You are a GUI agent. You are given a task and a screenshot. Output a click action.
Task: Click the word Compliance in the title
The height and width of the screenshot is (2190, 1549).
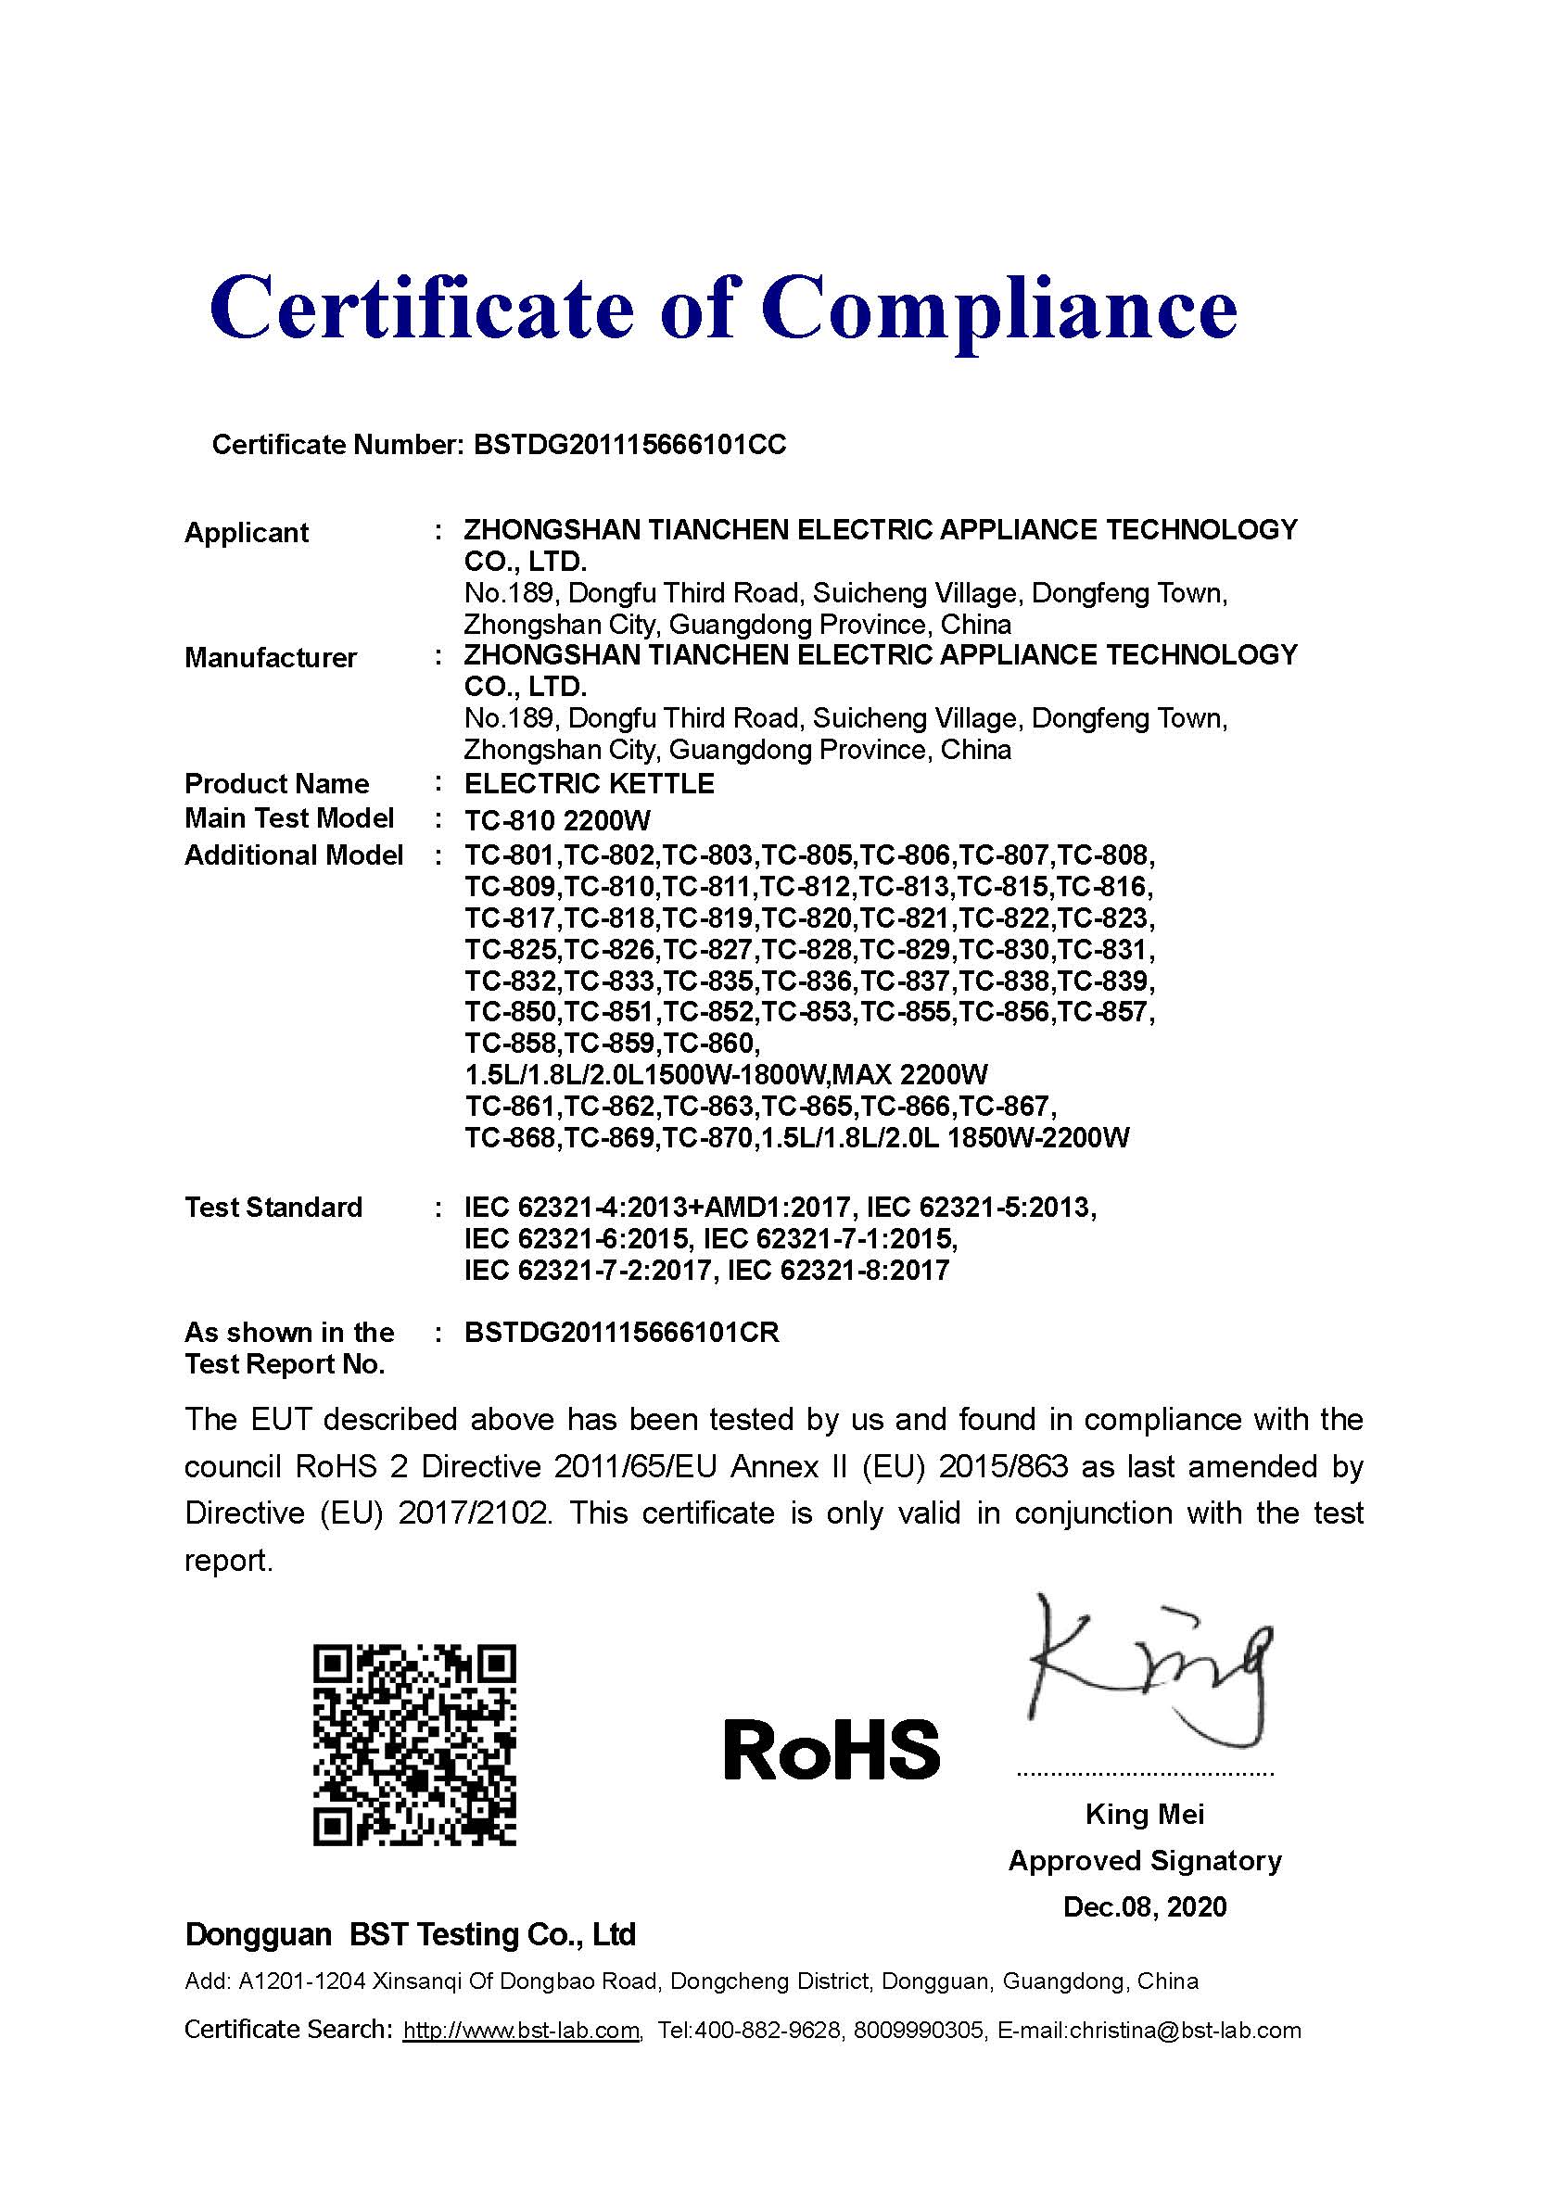click(998, 308)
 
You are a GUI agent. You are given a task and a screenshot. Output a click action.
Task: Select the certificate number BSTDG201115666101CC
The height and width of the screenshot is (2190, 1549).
click(629, 445)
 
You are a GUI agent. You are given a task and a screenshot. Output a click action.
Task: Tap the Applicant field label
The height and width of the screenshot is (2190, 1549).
click(246, 532)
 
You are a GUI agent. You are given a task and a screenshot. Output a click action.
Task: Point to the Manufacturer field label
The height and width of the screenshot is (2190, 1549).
click(270, 657)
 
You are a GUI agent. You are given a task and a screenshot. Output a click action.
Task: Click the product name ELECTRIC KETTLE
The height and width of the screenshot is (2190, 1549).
click(589, 784)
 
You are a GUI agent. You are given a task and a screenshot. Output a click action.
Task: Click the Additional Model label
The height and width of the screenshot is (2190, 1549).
click(293, 854)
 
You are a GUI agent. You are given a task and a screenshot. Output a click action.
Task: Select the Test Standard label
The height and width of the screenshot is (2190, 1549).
click(273, 1207)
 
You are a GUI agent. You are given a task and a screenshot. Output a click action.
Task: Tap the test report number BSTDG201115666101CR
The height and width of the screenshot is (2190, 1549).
click(621, 1333)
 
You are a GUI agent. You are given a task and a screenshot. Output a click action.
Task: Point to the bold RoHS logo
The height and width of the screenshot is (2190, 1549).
click(831, 1751)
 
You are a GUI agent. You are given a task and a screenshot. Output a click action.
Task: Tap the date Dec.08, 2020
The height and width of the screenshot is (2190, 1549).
click(1145, 1906)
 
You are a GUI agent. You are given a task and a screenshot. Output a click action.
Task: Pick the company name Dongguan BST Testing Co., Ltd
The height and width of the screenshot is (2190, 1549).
click(410, 1934)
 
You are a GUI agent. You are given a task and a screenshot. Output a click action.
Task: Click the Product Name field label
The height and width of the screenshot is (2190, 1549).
click(276, 784)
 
